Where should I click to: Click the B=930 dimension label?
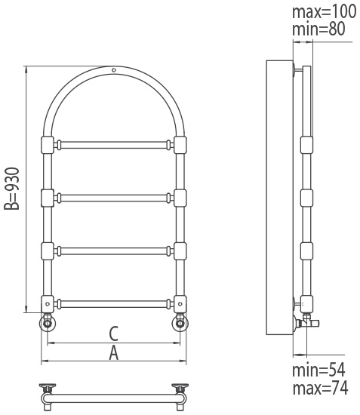click(x=12, y=189)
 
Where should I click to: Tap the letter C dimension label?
click(x=114, y=334)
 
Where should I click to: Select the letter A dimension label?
click(x=114, y=353)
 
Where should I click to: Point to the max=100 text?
click(x=324, y=11)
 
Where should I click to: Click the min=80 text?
click(x=318, y=29)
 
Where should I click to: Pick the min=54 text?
click(x=318, y=370)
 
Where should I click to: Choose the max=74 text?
click(x=320, y=388)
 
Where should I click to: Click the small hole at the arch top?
click(x=114, y=70)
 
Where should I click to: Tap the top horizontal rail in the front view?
click(x=114, y=145)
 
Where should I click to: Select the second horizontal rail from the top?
click(x=114, y=198)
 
